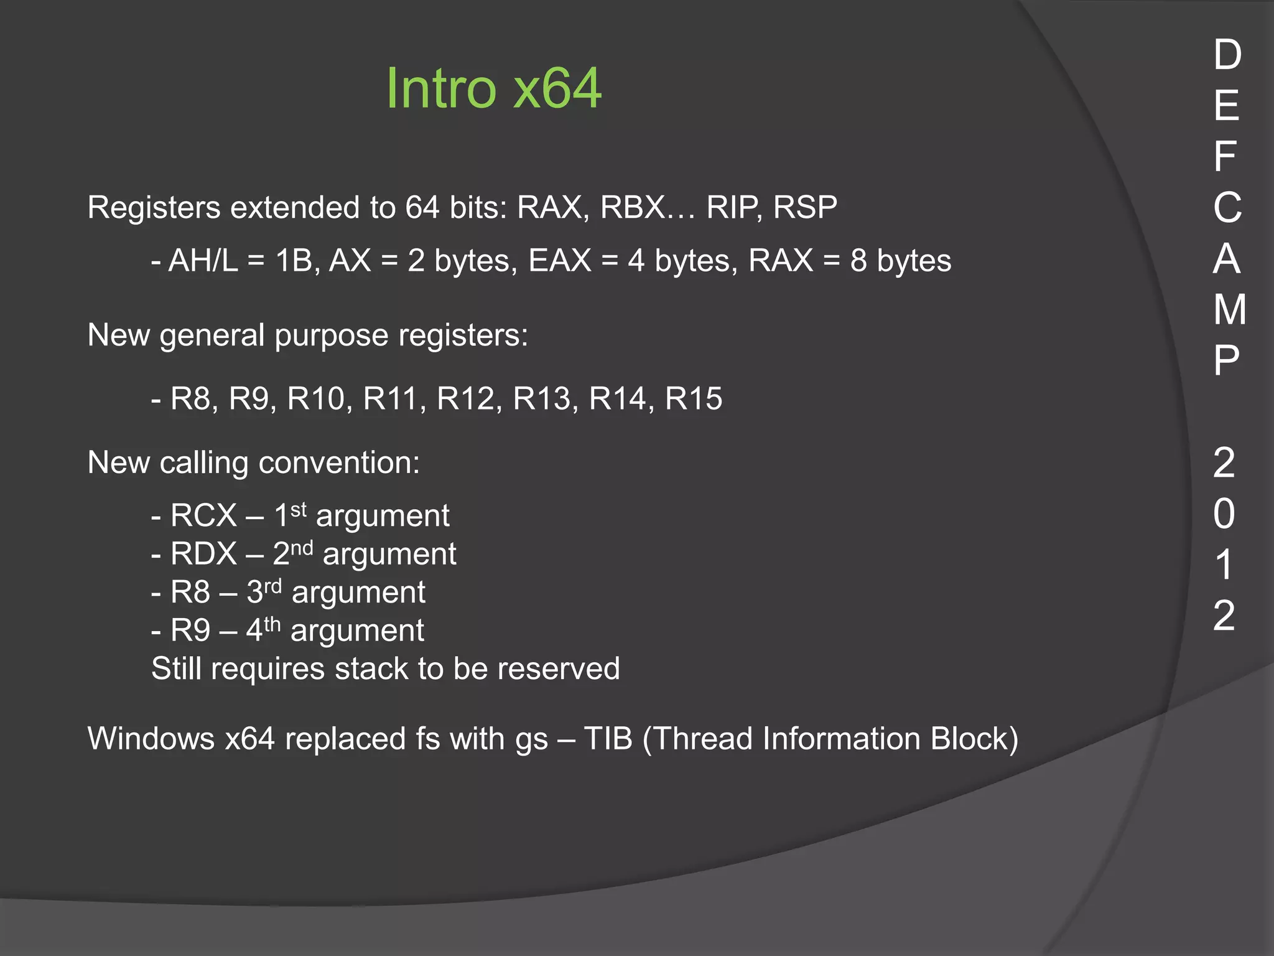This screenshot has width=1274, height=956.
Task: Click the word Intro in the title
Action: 440,88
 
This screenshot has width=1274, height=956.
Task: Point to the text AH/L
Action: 203,260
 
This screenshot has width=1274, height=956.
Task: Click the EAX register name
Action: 560,260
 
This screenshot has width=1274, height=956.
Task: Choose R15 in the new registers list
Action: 694,398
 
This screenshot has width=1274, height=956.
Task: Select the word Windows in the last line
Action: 151,739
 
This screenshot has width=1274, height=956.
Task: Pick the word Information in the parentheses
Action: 841,739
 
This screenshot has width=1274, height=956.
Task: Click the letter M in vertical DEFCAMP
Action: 1229,309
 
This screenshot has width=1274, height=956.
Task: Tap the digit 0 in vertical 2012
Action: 1224,514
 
